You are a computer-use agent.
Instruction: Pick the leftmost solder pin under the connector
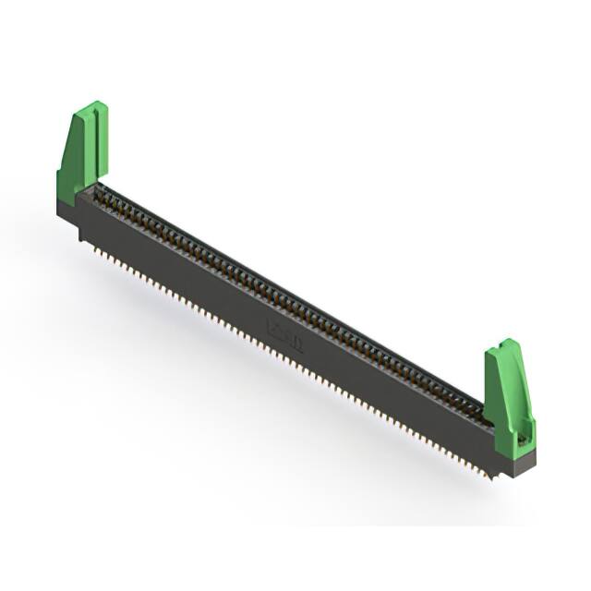(x=81, y=239)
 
